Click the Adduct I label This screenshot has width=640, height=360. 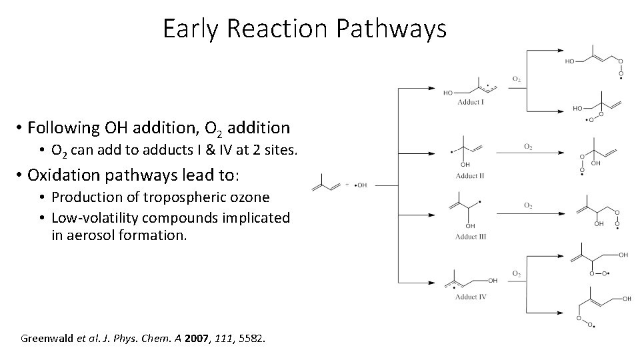coord(471,103)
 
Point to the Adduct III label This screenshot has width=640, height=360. coord(471,237)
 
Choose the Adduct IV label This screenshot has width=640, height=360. coord(471,297)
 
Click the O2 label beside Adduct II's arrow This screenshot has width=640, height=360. coord(528,146)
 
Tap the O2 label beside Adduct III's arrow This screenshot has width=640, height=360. coord(528,206)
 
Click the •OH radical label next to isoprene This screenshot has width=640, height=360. coord(361,185)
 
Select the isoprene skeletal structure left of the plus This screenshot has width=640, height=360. coord(327,183)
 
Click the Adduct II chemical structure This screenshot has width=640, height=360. coord(467,152)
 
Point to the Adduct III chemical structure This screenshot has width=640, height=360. coord(469,210)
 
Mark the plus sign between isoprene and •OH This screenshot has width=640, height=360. coord(348,185)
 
